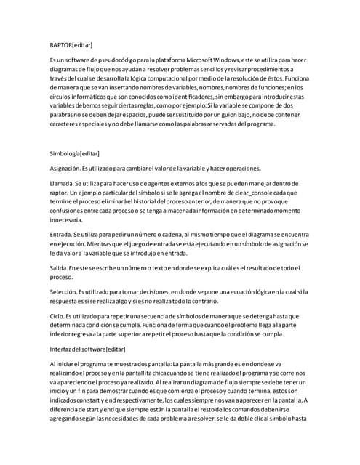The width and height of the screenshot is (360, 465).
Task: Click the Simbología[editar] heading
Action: click(x=74, y=154)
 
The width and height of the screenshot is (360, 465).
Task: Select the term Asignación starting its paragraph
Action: click(x=65, y=169)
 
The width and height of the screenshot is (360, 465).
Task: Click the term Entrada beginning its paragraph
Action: click(x=59, y=237)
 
